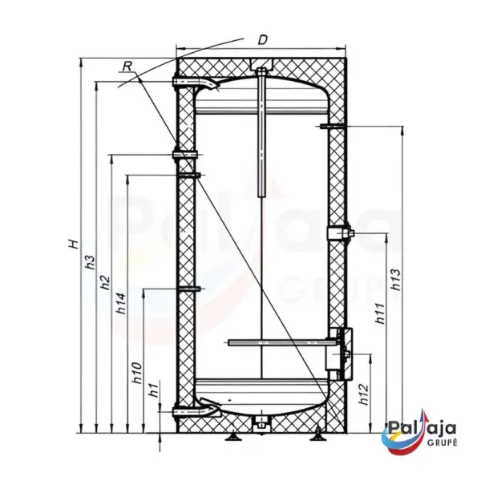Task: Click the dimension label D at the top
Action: pos(263,40)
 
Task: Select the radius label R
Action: pos(127,67)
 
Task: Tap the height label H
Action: pos(74,244)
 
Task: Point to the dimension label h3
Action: pos(90,261)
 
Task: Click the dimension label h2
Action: pos(105,282)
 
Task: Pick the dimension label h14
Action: pos(121,303)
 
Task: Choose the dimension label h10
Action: pos(137,373)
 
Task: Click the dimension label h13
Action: pos(396,279)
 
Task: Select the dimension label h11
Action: pos(380,313)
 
